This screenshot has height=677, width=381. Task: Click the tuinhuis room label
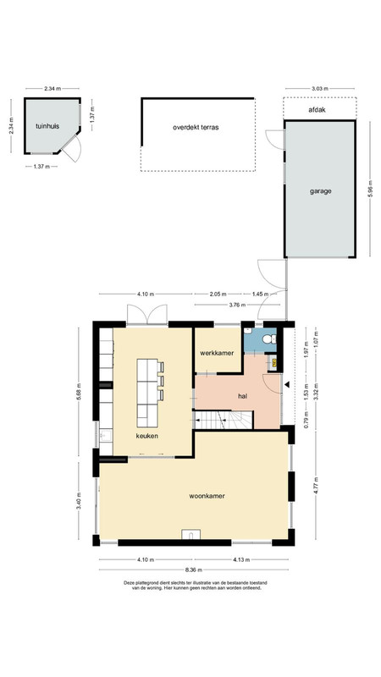coord(47,126)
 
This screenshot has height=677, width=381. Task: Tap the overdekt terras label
coord(196,128)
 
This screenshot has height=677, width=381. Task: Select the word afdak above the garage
coord(317,110)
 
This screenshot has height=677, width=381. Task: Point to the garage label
coord(321,191)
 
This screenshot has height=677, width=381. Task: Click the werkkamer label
coord(217,353)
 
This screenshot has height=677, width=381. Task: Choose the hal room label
coord(243,395)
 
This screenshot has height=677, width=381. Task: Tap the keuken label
coord(146,436)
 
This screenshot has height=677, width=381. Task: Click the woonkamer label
coord(207,496)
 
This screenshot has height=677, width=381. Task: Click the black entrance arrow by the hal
coord(287,384)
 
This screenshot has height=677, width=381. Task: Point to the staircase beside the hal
coord(223,420)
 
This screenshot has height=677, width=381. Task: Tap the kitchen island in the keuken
coord(148,393)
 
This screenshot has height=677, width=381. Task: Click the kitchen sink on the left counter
coord(105,436)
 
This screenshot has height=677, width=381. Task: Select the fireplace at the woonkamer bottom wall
coord(190,534)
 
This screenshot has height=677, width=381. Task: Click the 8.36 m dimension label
coord(194,570)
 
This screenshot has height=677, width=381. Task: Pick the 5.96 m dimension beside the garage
coord(370,189)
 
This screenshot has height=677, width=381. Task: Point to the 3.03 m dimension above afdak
coord(320,89)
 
